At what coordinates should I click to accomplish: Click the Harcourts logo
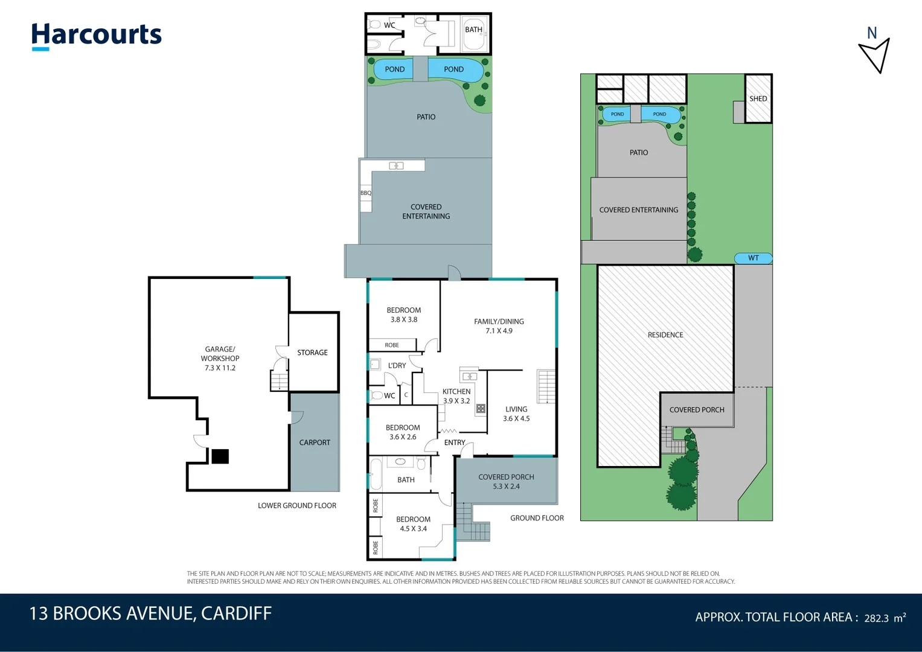pyautogui.click(x=97, y=36)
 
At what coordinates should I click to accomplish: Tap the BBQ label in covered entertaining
pyautogui.click(x=366, y=193)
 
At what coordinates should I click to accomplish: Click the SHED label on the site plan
pyautogui.click(x=758, y=98)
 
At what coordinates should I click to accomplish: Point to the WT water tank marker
pyautogui.click(x=753, y=258)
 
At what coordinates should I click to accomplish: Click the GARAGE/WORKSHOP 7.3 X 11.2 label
pyautogui.click(x=220, y=359)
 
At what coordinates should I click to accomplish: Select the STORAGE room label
pyautogui.click(x=312, y=353)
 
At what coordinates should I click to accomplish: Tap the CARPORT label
pyautogui.click(x=315, y=443)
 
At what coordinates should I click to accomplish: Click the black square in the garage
pyautogui.click(x=220, y=456)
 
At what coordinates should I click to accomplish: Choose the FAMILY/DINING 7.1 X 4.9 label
pyautogui.click(x=499, y=326)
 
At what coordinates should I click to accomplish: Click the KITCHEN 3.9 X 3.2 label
pyautogui.click(x=456, y=396)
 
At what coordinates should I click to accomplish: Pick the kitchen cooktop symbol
pyautogui.click(x=481, y=409)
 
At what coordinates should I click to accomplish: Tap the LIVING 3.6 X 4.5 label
pyautogui.click(x=516, y=414)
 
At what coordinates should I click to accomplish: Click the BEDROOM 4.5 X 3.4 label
pyautogui.click(x=413, y=524)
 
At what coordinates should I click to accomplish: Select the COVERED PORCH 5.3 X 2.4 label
pyautogui.click(x=506, y=482)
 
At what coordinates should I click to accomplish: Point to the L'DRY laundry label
pyautogui.click(x=397, y=365)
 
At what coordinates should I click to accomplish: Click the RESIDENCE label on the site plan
pyautogui.click(x=665, y=335)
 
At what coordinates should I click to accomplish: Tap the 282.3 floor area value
pyautogui.click(x=876, y=618)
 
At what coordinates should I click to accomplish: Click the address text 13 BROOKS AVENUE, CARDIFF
pyautogui.click(x=150, y=613)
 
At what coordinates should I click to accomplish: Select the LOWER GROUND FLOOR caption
pyautogui.click(x=296, y=506)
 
